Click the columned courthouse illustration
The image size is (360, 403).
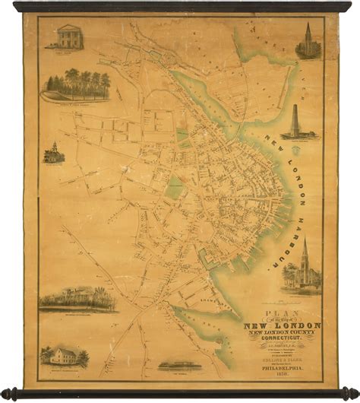click(67, 37)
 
